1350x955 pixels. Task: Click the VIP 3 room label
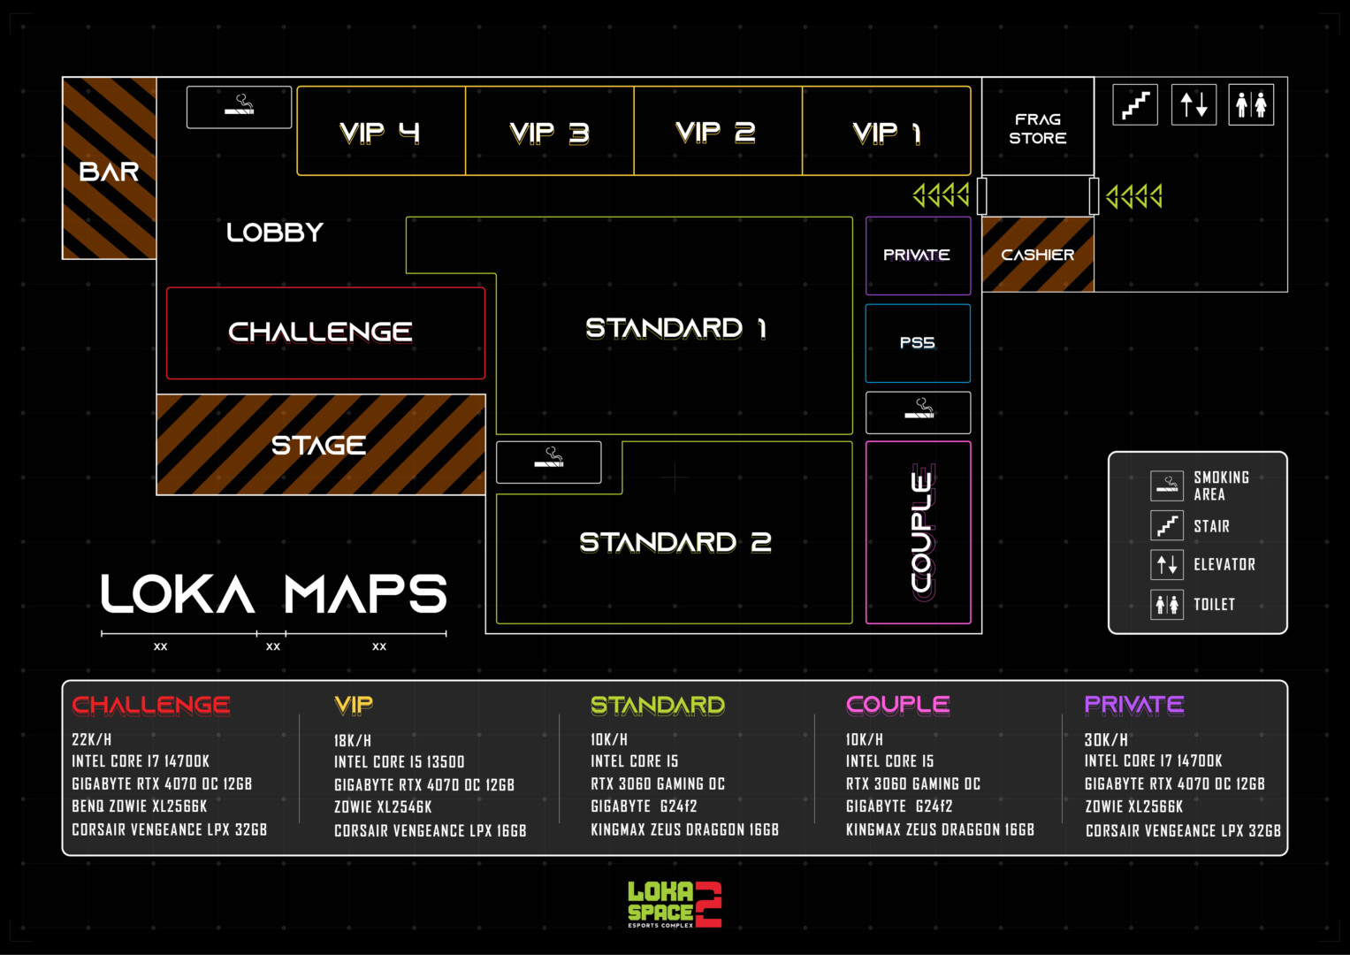coord(549,133)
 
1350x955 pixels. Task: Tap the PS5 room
coord(918,343)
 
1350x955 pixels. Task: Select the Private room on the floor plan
coord(918,256)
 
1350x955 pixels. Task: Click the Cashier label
coord(1037,255)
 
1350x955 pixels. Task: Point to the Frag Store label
coord(1037,129)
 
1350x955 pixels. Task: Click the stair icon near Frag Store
coord(1135,105)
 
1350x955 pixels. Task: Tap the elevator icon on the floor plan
coord(1194,105)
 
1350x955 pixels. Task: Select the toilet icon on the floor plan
coord(1251,105)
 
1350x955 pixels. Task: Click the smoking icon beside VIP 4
coord(240,107)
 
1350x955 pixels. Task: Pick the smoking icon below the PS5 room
coord(918,412)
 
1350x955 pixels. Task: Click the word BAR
coord(109,172)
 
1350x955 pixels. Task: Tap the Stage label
coord(318,446)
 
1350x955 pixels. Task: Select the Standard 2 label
coord(675,542)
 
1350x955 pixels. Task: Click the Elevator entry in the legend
coord(1203,564)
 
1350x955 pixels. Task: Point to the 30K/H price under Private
coord(1106,740)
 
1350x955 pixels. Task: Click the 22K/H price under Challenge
coord(92,740)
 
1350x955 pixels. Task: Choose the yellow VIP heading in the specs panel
coord(353,705)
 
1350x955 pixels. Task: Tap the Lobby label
coord(275,233)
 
